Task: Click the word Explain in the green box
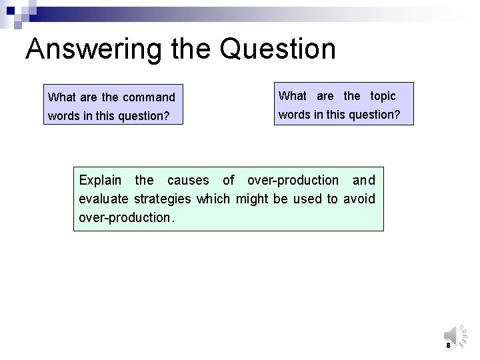click(x=101, y=180)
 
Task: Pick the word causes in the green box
click(x=189, y=180)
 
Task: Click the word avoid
click(x=360, y=199)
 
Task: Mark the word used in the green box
click(x=311, y=199)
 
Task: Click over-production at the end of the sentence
click(x=124, y=217)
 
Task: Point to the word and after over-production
click(x=364, y=180)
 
